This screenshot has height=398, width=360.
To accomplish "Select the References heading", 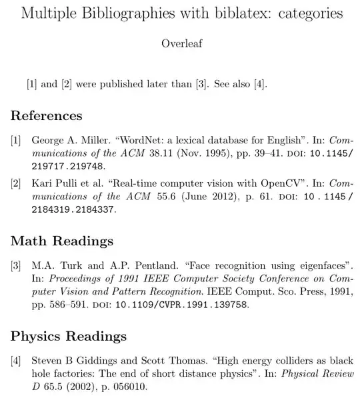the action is [x=47, y=115].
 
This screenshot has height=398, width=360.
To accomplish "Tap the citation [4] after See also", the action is [x=261, y=84].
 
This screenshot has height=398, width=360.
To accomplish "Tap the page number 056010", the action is [x=123, y=387].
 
